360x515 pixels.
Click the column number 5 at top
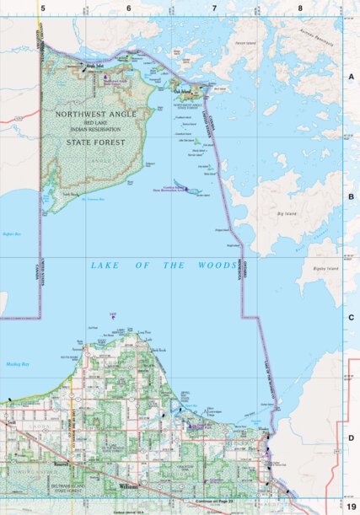[41, 8]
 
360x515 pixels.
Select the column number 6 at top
[128, 8]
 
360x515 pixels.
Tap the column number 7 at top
[214, 8]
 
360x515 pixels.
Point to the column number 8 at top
[300, 8]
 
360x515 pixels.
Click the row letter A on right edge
[351, 75]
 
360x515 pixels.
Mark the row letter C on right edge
[351, 317]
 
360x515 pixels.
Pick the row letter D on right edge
[351, 438]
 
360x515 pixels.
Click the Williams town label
[129, 487]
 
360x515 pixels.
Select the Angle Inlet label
[94, 65]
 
